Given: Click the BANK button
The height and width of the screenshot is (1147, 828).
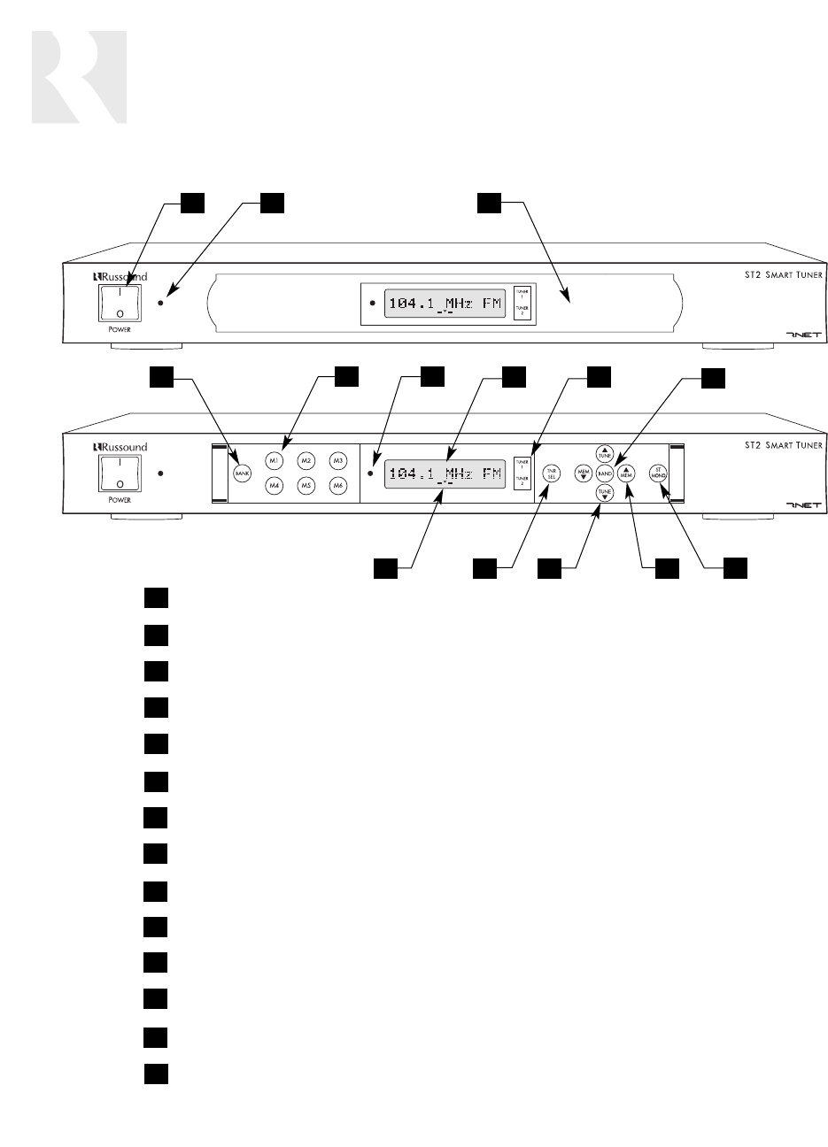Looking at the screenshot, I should click(242, 473).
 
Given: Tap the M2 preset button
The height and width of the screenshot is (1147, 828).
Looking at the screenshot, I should click(306, 460).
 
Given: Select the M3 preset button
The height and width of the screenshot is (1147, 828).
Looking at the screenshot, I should click(337, 460).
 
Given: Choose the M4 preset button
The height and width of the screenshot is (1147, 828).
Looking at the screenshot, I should click(274, 485).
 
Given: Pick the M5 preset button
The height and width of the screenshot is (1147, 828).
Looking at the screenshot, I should click(306, 485).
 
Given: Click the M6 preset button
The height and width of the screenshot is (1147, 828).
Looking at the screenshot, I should click(337, 485).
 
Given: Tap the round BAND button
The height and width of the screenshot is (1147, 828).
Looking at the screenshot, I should click(605, 473).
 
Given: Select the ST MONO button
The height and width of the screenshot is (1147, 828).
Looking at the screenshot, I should click(658, 473).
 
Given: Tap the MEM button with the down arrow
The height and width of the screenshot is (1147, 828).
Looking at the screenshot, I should click(584, 473).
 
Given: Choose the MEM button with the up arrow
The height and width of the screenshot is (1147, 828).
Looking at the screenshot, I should click(626, 473).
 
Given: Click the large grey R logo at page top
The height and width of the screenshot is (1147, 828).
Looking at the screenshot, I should click(79, 77).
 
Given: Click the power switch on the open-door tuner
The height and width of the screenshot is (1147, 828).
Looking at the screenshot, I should click(113, 473).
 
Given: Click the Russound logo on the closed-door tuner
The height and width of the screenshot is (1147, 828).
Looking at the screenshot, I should click(120, 276).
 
